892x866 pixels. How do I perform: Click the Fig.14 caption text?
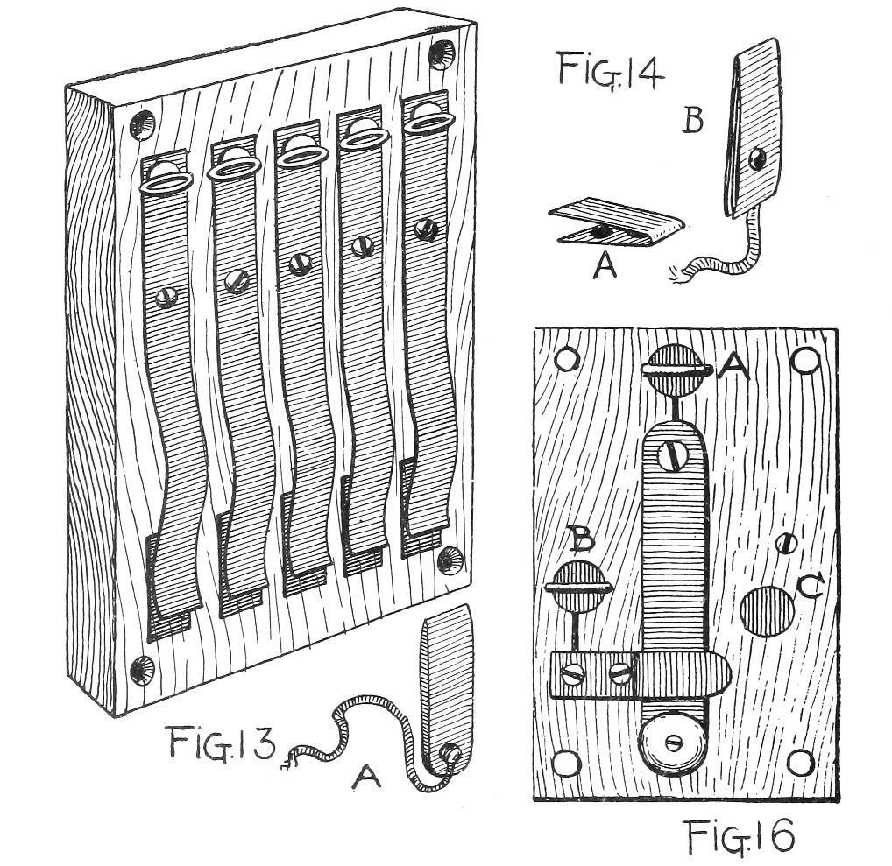click(610, 69)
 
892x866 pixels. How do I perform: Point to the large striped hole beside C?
click(766, 610)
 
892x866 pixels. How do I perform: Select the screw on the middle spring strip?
click(299, 262)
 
